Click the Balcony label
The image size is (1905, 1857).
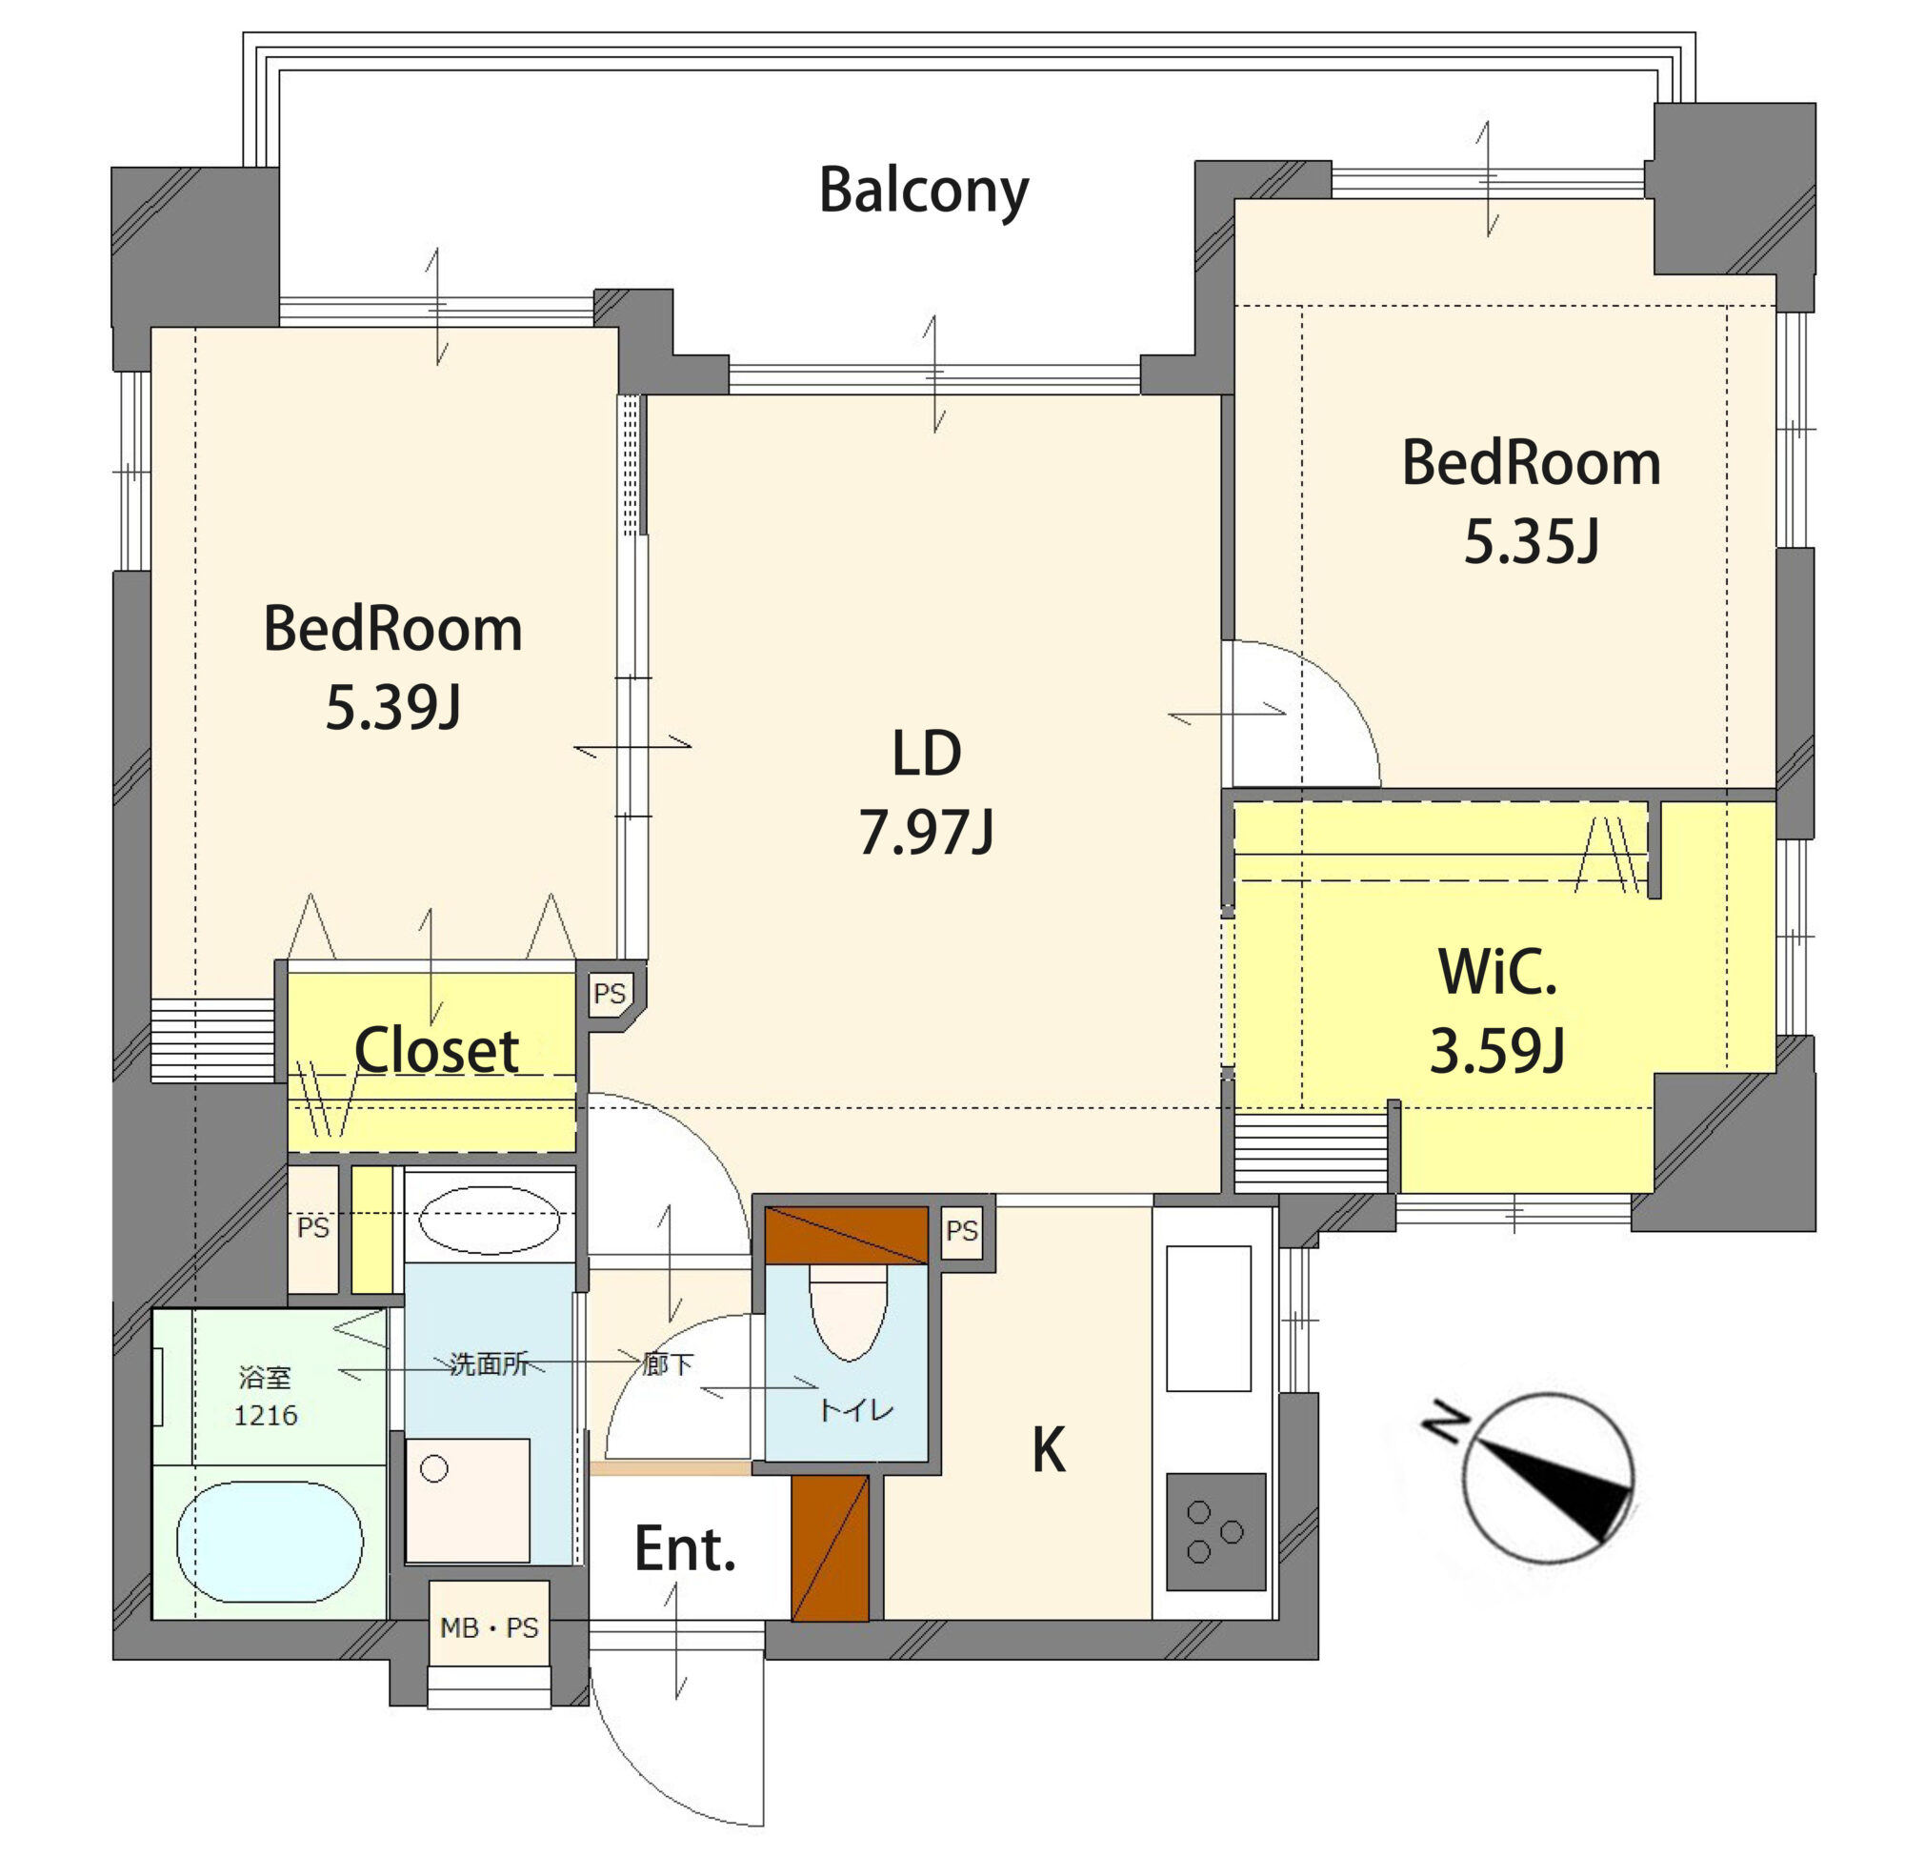pyautogui.click(x=922, y=192)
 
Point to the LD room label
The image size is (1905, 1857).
pyautogui.click(x=926, y=753)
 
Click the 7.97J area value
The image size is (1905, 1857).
pyautogui.click(x=926, y=832)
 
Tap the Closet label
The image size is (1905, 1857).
pyautogui.click(x=436, y=1050)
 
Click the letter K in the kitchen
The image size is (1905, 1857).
pyautogui.click(x=1048, y=1450)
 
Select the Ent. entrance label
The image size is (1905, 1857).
pyautogui.click(x=685, y=1549)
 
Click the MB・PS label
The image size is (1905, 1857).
pyautogui.click(x=489, y=1627)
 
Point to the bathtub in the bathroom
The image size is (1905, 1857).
pyautogui.click(x=271, y=1542)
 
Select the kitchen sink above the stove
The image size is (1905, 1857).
pyautogui.click(x=1208, y=1318)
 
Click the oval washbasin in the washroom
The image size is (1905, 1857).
pyautogui.click(x=489, y=1220)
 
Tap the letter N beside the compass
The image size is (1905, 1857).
pyautogui.click(x=1446, y=1422)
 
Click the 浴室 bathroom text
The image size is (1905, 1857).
pyautogui.click(x=265, y=1377)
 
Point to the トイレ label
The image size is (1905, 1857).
pyautogui.click(x=856, y=1411)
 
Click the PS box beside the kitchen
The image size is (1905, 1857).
pyautogui.click(x=961, y=1230)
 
